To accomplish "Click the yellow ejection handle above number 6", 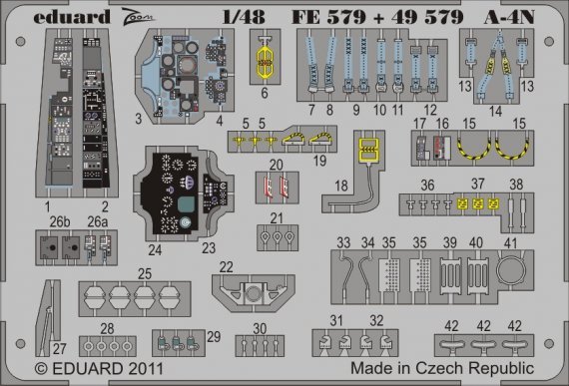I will pos(266,60).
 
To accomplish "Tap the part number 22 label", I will pos(227,267).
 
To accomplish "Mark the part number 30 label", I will pos(258,328).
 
